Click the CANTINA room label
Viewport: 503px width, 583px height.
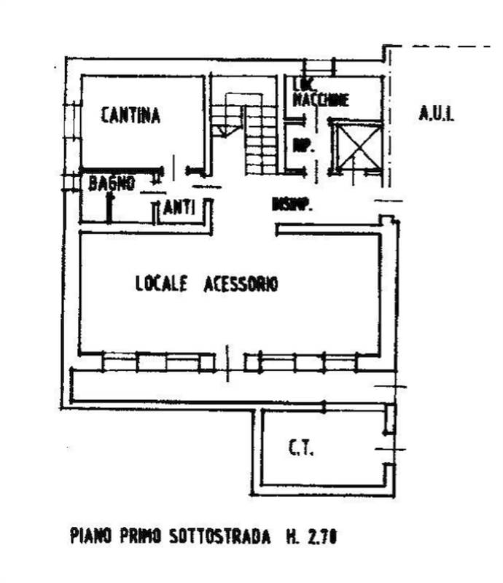click(130, 115)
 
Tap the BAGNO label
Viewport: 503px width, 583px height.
click(112, 184)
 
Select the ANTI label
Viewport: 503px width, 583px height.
click(179, 208)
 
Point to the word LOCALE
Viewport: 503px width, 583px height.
click(162, 283)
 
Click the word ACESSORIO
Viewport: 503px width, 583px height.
click(241, 283)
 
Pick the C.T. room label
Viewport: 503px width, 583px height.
click(300, 450)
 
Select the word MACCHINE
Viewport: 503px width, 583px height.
click(321, 101)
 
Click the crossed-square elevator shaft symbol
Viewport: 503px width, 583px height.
click(356, 146)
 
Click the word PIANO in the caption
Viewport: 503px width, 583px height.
click(90, 538)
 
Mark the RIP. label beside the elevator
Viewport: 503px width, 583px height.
click(303, 146)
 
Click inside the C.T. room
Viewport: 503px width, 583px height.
click(321, 466)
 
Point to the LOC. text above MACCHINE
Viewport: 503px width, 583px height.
click(303, 86)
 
